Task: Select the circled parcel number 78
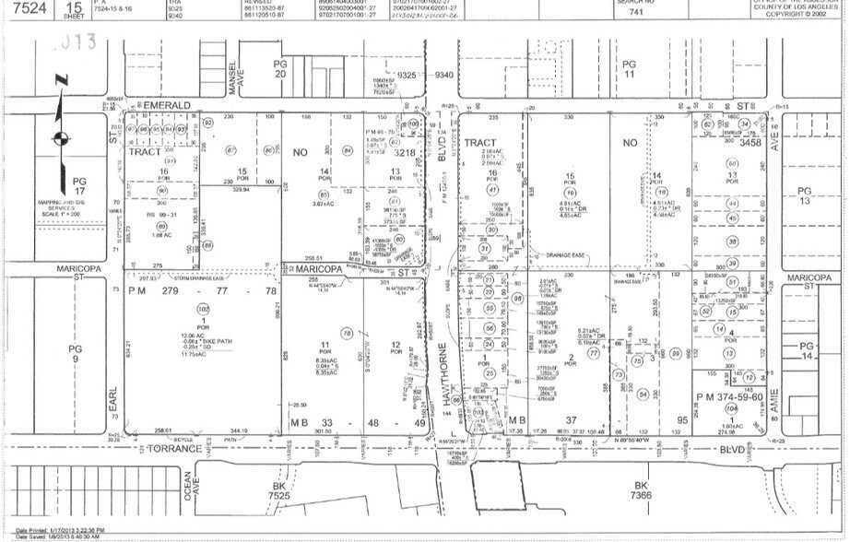347,333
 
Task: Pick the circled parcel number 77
594,352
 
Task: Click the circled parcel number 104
731,408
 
